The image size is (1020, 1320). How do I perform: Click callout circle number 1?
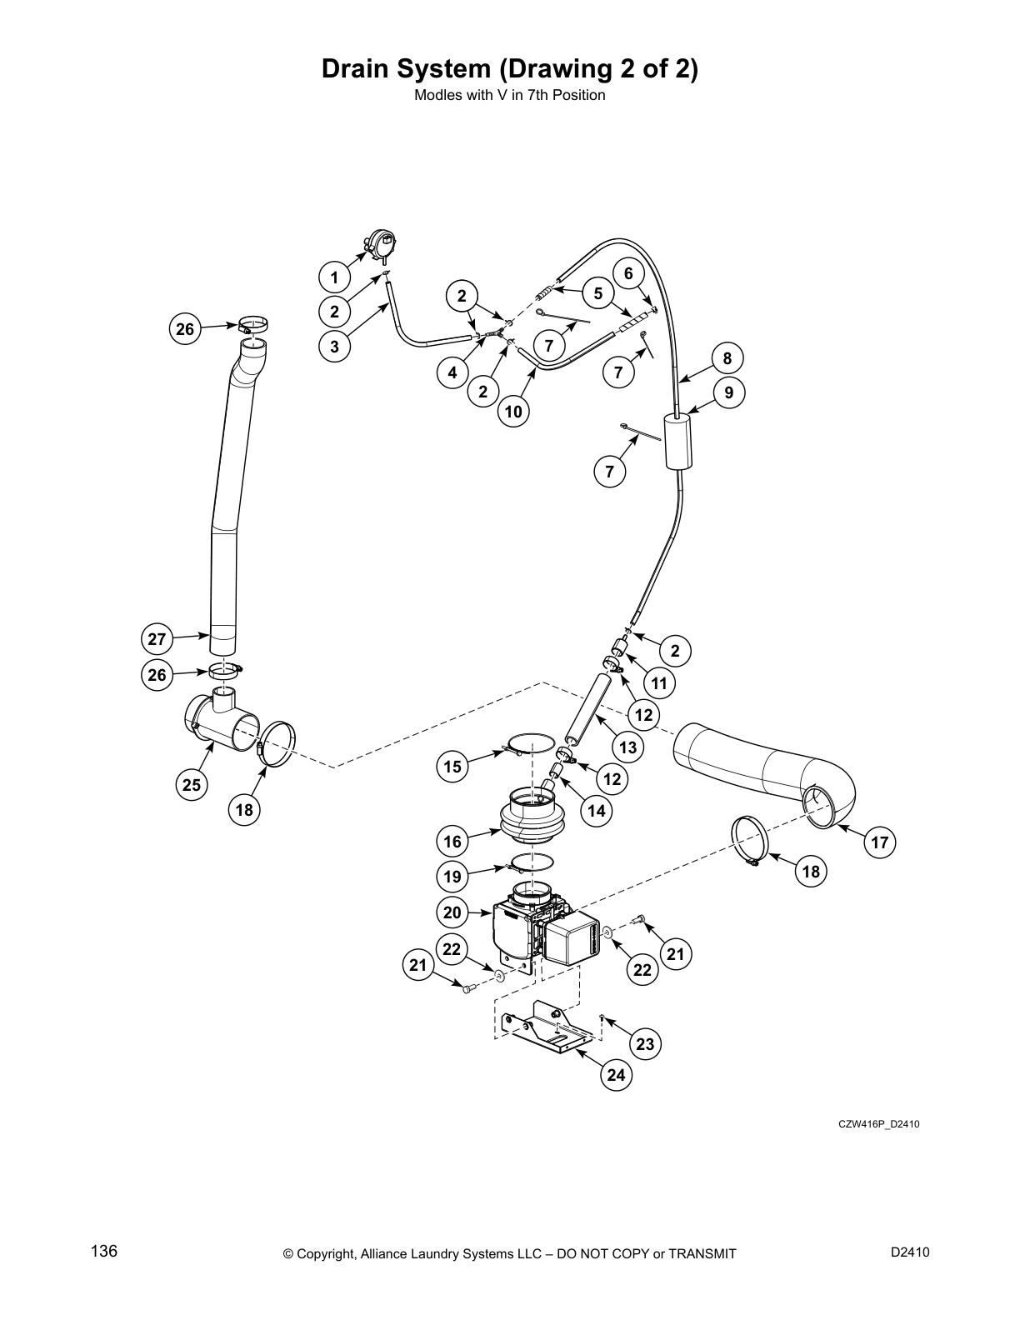point(334,277)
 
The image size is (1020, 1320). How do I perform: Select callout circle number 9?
point(729,392)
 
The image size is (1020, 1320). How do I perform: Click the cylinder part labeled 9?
point(679,442)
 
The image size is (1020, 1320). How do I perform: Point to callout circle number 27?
point(157,640)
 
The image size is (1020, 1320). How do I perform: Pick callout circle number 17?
point(880,842)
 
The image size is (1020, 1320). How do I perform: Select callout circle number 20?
point(452,912)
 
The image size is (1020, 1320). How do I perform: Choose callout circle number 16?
point(452,842)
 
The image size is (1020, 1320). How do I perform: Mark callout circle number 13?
point(627,747)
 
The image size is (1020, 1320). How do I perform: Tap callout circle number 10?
point(513,412)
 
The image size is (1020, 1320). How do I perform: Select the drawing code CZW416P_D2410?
point(878,1124)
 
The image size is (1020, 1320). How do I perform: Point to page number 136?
point(104,1252)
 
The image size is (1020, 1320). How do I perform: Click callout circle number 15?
point(452,767)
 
